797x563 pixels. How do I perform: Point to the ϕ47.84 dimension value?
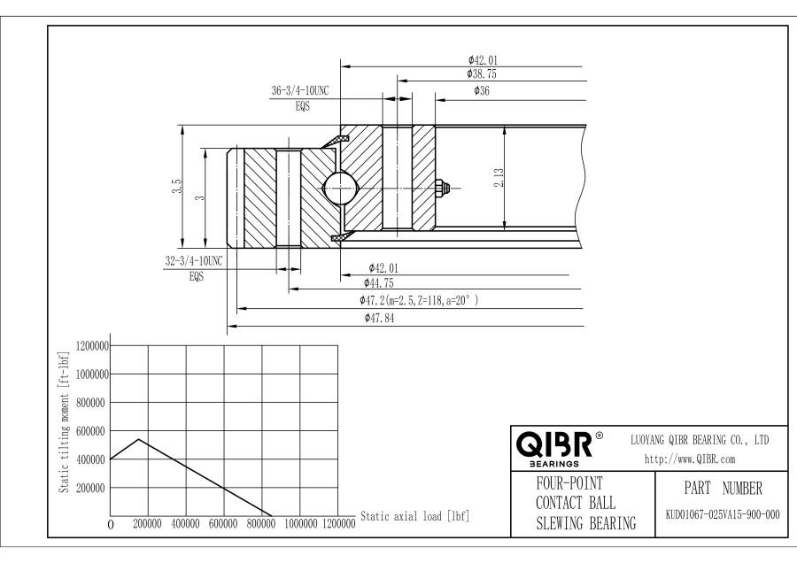379,318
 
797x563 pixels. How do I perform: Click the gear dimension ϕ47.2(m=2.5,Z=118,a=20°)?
413,300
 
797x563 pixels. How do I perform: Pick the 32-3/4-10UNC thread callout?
194,260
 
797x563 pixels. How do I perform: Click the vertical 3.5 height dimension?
177,186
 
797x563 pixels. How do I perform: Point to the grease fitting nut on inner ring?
443,186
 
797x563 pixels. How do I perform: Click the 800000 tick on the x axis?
261,524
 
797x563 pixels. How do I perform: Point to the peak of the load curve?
138,439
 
